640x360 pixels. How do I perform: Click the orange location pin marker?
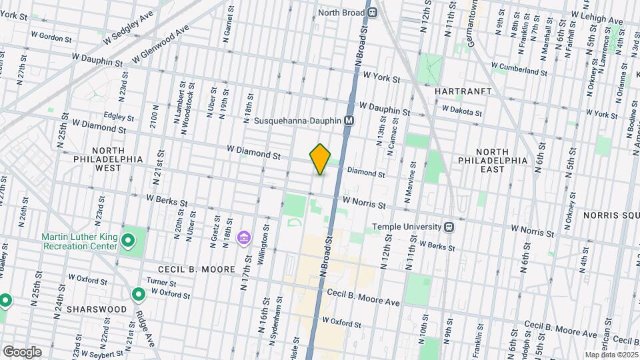321,159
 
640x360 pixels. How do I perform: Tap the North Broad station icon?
372,11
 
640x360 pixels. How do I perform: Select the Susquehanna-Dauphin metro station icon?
349,121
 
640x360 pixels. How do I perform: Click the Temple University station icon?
450,227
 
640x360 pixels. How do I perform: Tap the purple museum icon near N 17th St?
244,238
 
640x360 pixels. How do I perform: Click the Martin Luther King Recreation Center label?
80,241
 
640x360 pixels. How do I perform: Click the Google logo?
22,351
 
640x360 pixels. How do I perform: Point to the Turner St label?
161,282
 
